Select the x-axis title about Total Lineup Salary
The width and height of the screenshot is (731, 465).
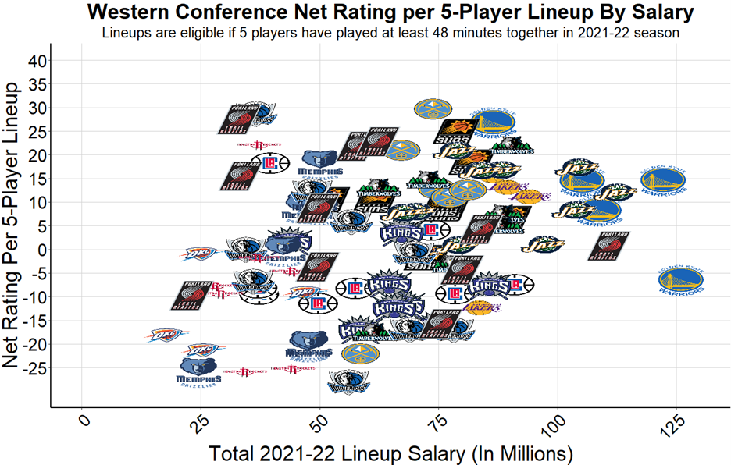pyautogui.click(x=390, y=453)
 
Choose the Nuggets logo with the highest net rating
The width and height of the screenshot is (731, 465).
pyautogui.click(x=428, y=110)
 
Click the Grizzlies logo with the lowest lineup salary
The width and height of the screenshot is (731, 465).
pyautogui.click(x=200, y=370)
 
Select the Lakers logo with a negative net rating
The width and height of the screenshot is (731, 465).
pyautogui.click(x=483, y=307)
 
